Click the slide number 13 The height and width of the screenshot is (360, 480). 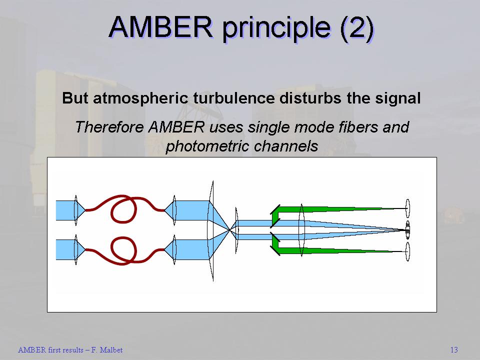click(x=454, y=350)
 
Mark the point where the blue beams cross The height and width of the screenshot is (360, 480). click(x=230, y=229)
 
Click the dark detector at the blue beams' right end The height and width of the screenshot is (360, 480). click(x=408, y=229)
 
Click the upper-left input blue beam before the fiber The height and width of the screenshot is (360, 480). click(x=65, y=210)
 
